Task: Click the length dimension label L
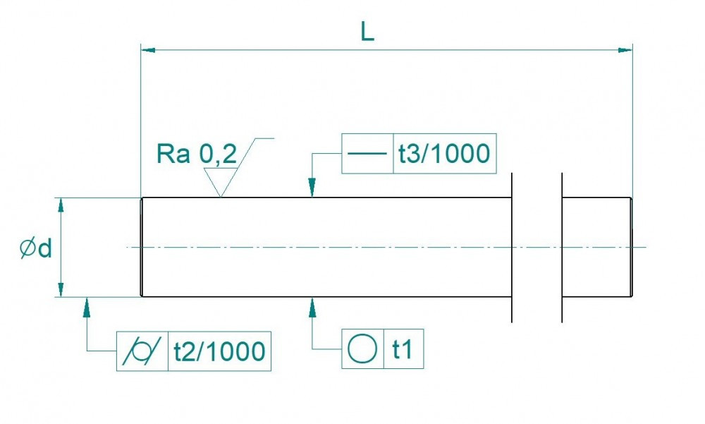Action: pyautogui.click(x=367, y=32)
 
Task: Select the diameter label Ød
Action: pyautogui.click(x=36, y=248)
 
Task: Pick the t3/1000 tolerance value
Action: pyautogui.click(x=443, y=154)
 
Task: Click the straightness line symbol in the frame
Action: pyautogui.click(x=367, y=154)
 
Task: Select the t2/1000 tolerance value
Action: pyautogui.click(x=219, y=351)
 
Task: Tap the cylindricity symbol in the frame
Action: pyautogui.click(x=142, y=351)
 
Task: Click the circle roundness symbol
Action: pyautogui.click(x=362, y=349)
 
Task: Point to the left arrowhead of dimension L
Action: pyautogui.click(x=147, y=50)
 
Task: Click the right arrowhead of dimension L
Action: pyautogui.click(x=625, y=50)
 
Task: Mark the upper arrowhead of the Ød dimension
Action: pyautogui.click(x=61, y=205)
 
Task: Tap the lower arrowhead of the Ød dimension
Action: pyautogui.click(x=61, y=290)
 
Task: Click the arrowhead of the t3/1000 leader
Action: pyautogui.click(x=312, y=190)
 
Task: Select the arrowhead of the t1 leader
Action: pyautogui.click(x=312, y=305)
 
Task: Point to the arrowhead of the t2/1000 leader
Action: pyautogui.click(x=87, y=305)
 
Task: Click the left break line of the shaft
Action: pyautogui.click(x=510, y=247)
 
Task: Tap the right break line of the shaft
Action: pyautogui.click(x=562, y=247)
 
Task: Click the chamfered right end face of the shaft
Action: pyautogui.click(x=631, y=247)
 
